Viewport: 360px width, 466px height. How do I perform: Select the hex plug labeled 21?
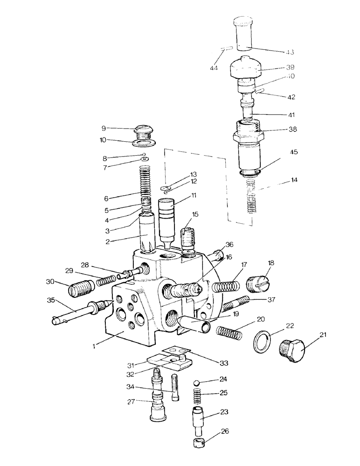tap(291, 349)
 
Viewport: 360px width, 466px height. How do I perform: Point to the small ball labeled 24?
tap(197, 382)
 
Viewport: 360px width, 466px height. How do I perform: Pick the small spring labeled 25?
tap(197, 397)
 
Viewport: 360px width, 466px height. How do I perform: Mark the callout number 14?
tap(281, 179)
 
